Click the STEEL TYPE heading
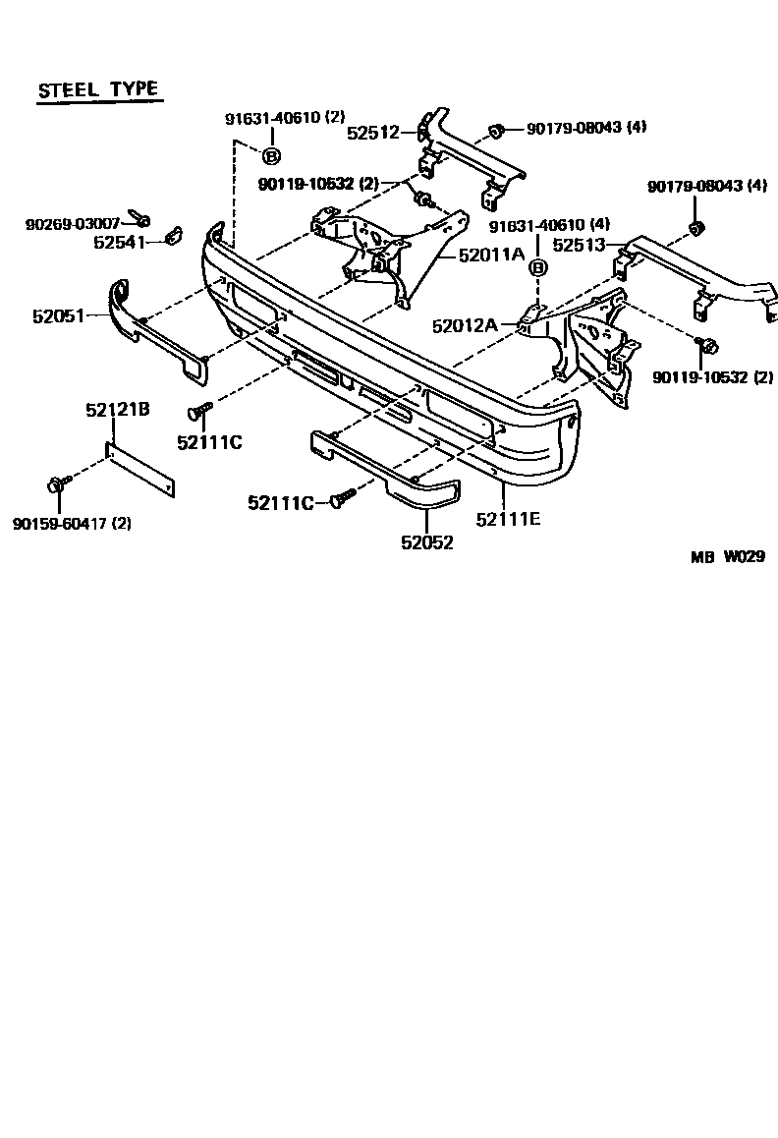(x=97, y=89)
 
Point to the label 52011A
(x=491, y=254)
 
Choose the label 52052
(x=426, y=541)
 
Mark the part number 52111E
(x=507, y=519)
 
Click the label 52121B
(x=117, y=410)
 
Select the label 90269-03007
(x=73, y=225)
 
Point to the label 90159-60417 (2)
(x=72, y=524)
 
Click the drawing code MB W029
(x=726, y=556)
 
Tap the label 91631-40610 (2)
(x=285, y=118)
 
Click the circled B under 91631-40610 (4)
(x=537, y=268)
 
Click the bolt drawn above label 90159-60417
(x=58, y=484)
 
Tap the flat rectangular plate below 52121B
(x=140, y=473)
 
